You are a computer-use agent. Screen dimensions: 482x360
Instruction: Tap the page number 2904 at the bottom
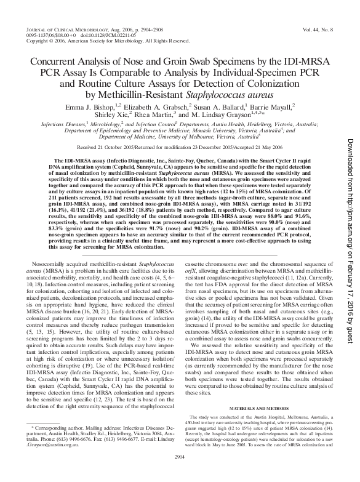tap(179, 474)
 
